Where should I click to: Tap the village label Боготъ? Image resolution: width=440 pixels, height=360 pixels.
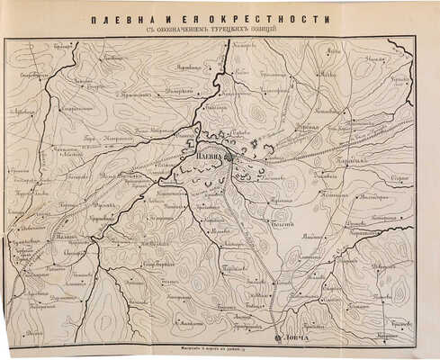click(x=281, y=224)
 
